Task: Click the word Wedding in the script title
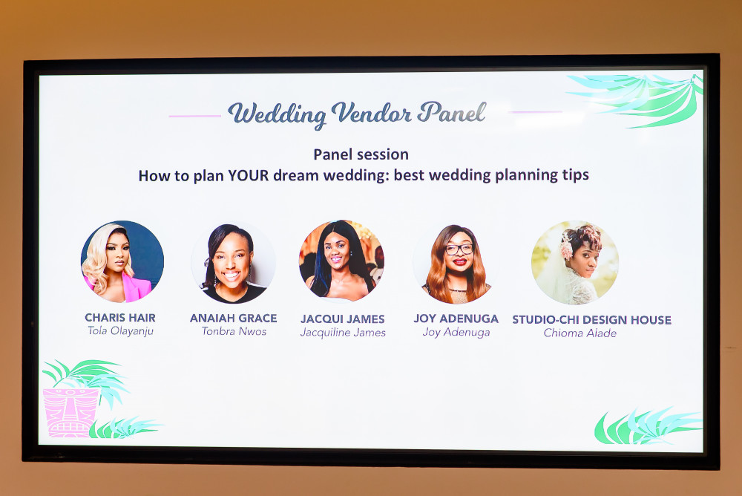[x=277, y=114]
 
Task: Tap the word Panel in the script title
[x=452, y=112]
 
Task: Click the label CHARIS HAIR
[x=120, y=317]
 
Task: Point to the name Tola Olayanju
[x=120, y=330]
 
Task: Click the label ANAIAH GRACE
[x=233, y=318]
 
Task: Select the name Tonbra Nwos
[x=234, y=331]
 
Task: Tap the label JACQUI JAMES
[x=343, y=319]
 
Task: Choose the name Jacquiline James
[x=343, y=333]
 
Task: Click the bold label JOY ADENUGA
[x=456, y=319]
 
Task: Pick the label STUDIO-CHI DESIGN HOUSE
[x=591, y=320]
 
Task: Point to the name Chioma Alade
[x=580, y=333]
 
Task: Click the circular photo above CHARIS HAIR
[x=122, y=261]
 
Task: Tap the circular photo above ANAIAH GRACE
[x=233, y=263]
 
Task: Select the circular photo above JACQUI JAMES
[x=341, y=261]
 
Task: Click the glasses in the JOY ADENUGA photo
[x=459, y=249]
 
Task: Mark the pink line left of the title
[x=195, y=116]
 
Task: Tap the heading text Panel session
[x=361, y=154]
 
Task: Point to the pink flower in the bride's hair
[x=566, y=248]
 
